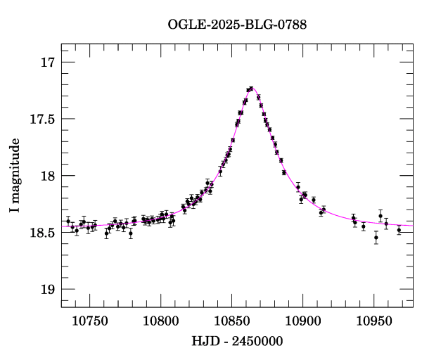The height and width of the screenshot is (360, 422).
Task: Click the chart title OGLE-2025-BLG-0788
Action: (237, 25)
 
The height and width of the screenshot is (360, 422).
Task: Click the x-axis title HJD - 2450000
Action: (236, 342)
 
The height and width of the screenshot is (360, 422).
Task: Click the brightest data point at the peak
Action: (251, 89)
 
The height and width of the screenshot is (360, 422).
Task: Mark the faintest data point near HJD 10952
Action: (376, 238)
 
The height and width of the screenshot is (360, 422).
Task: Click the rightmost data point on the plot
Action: (399, 230)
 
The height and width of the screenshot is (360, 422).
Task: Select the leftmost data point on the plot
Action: (68, 221)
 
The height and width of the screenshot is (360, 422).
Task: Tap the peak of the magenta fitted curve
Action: (251, 89)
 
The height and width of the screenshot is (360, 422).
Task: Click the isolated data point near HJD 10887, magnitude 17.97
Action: (284, 172)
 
